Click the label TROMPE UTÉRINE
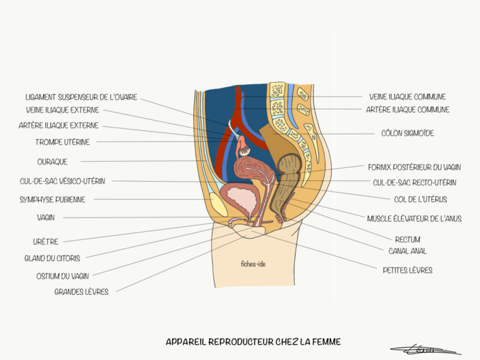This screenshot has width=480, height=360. point(62,142)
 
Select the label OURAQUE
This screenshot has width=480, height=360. point(52,162)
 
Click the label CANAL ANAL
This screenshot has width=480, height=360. point(407,251)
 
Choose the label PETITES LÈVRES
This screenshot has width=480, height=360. point(407,270)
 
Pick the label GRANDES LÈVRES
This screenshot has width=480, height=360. point(81,291)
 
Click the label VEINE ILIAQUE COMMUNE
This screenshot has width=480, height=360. point(407,97)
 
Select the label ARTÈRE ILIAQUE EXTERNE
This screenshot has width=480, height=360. point(58,125)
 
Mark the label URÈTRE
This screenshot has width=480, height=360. point(46,241)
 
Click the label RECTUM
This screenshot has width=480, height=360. point(407,239)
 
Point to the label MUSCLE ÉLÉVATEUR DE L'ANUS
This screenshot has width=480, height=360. point(414,219)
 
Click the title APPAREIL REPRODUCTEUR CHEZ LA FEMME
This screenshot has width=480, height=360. point(253,341)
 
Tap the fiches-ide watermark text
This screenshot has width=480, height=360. point(253,263)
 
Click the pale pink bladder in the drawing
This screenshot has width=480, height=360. point(241,201)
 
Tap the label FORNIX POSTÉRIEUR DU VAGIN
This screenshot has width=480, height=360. point(414,167)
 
